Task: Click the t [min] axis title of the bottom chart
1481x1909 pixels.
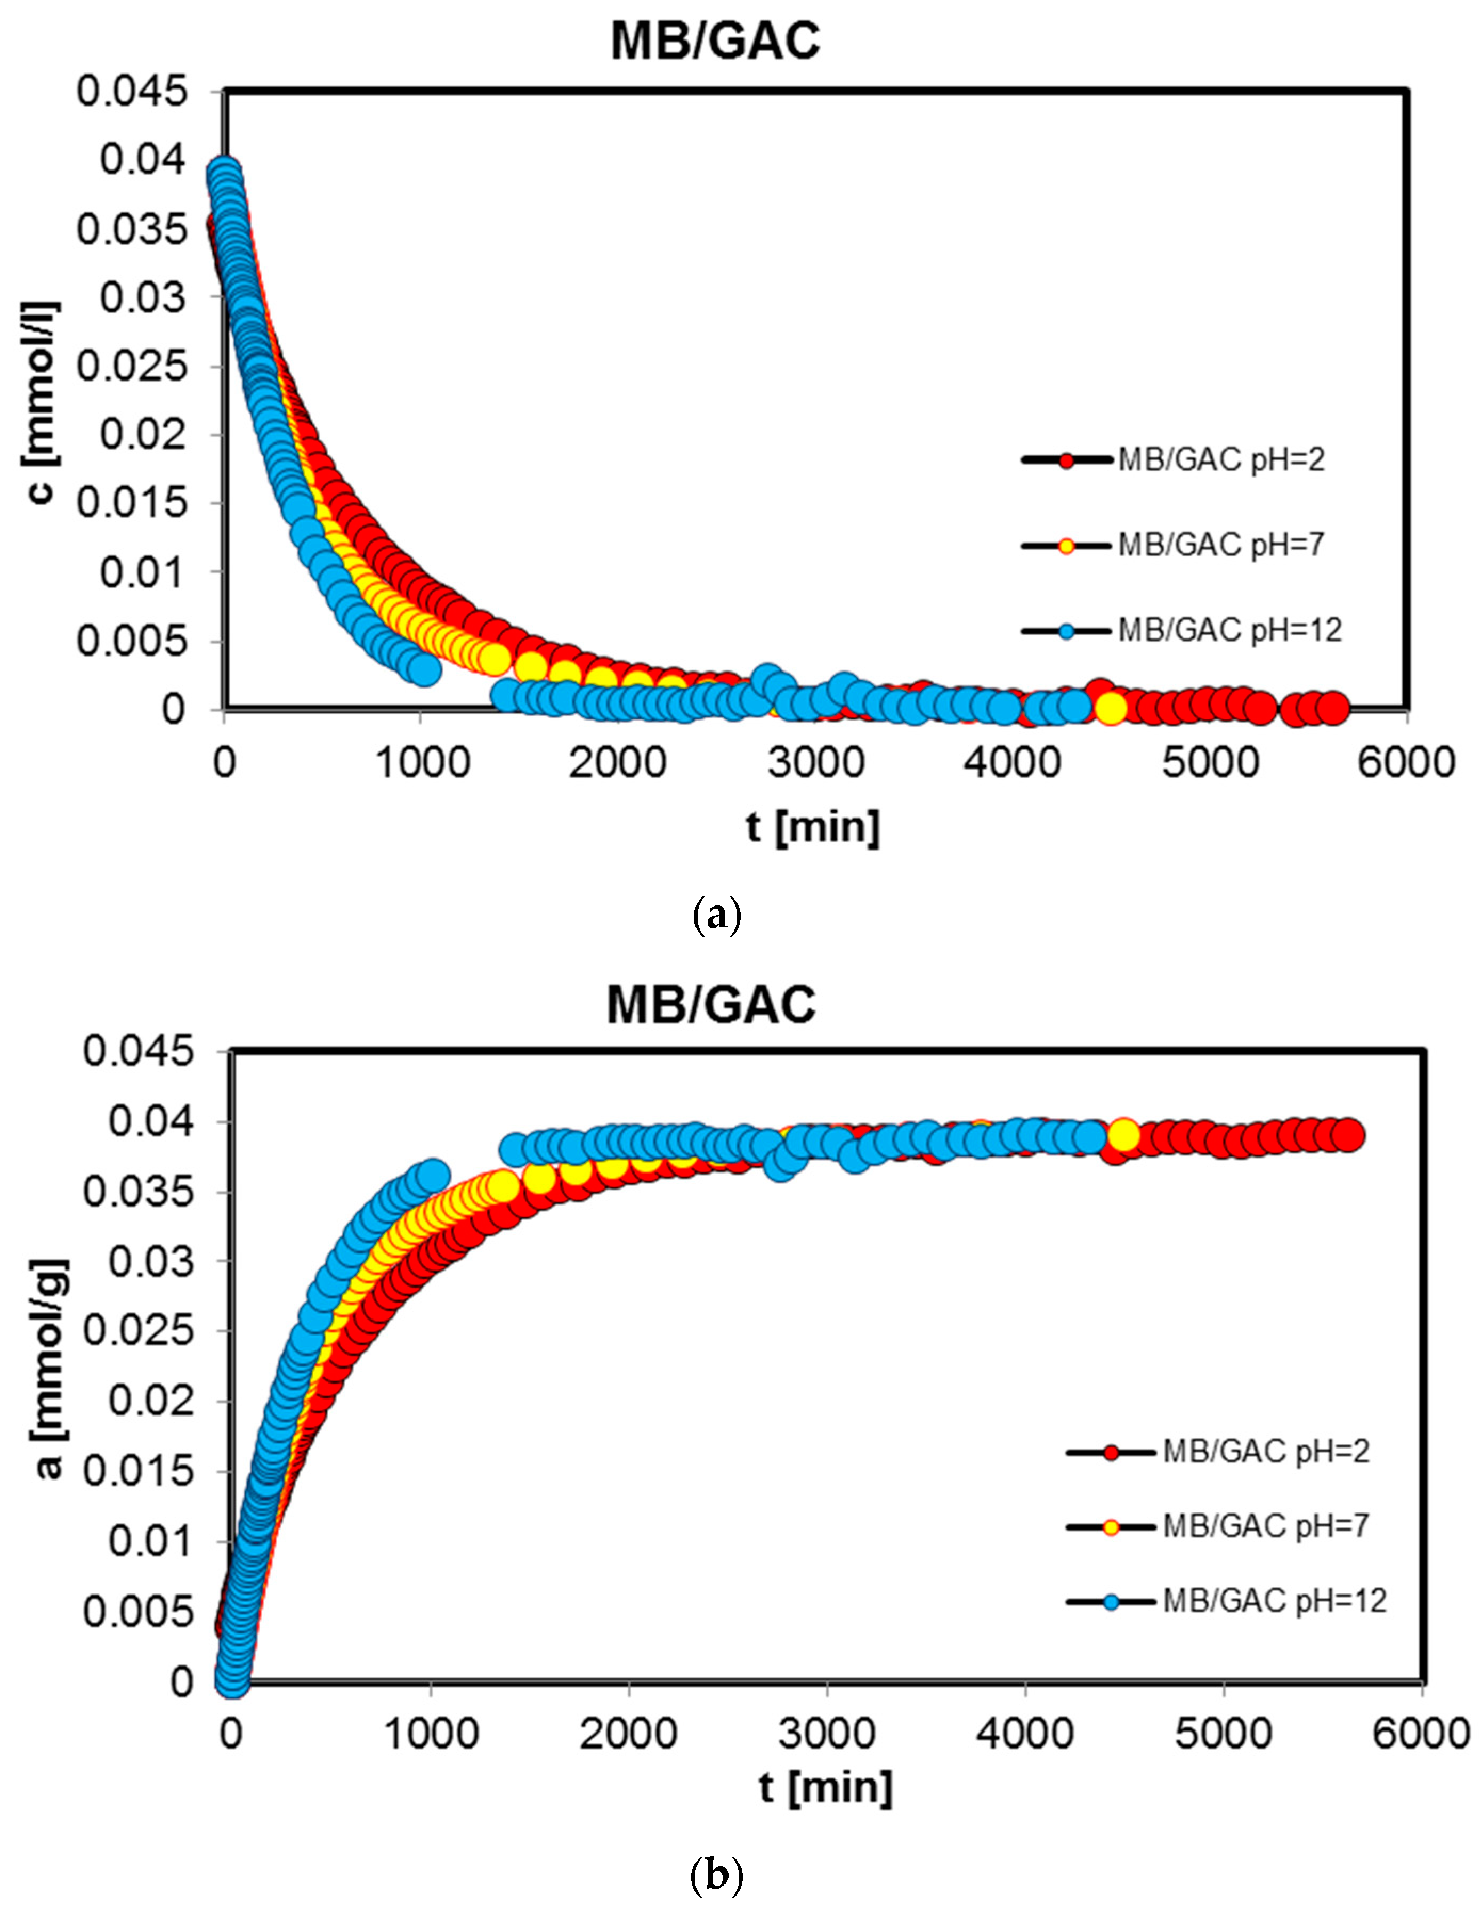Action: click(x=826, y=1787)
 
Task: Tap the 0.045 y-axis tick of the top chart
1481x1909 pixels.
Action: click(x=132, y=91)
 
